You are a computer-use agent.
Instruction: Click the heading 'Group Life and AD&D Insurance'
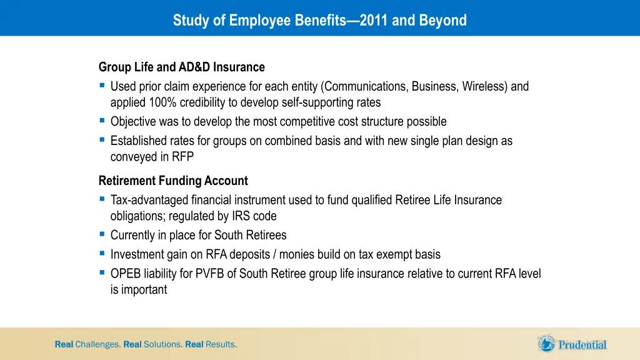coord(181,67)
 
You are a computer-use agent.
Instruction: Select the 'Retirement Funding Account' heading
coord(173,181)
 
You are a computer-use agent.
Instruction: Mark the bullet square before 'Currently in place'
coord(102,235)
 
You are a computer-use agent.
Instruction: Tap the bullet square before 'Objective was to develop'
coord(102,121)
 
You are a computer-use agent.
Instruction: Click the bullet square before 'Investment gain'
coord(102,254)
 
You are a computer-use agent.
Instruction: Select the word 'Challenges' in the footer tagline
coord(97,344)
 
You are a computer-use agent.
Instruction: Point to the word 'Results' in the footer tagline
coord(221,344)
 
